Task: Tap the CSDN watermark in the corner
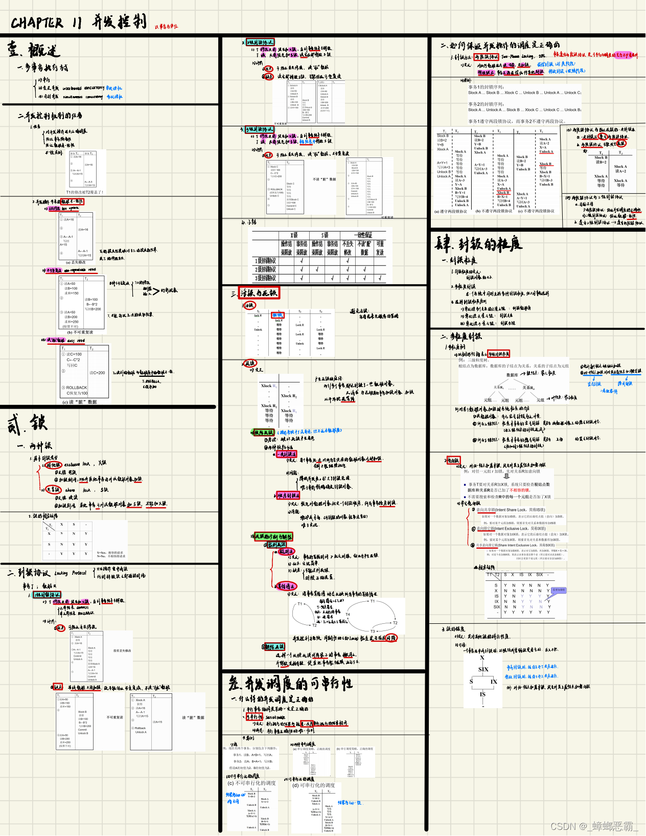[x=593, y=826]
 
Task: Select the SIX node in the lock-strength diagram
[x=483, y=669]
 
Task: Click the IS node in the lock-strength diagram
[x=482, y=694]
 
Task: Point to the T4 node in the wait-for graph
[x=348, y=615]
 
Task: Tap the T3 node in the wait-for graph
[x=373, y=631]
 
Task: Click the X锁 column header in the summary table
[x=294, y=235]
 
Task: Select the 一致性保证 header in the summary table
[x=363, y=235]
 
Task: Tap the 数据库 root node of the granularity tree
[x=512, y=375]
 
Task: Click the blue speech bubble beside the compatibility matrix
[x=558, y=590]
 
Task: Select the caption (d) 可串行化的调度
[x=313, y=785]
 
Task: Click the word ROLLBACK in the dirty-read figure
[x=77, y=388]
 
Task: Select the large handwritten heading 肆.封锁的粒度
[x=478, y=244]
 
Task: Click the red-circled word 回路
[x=391, y=638]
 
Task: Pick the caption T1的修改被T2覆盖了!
[x=84, y=192]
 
